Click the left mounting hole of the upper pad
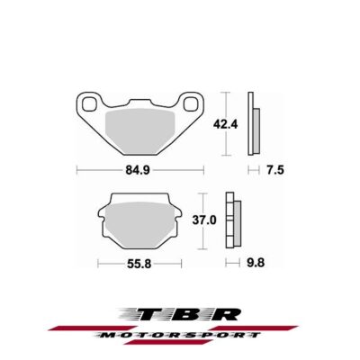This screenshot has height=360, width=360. pyautogui.click(x=89, y=105)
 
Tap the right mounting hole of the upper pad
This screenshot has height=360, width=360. pyautogui.click(x=191, y=105)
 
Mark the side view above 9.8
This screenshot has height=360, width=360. pyautogui.click(x=233, y=220)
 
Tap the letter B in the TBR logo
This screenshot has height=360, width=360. pyautogui.click(x=184, y=314)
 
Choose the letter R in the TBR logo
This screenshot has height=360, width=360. pyautogui.click(x=225, y=314)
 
